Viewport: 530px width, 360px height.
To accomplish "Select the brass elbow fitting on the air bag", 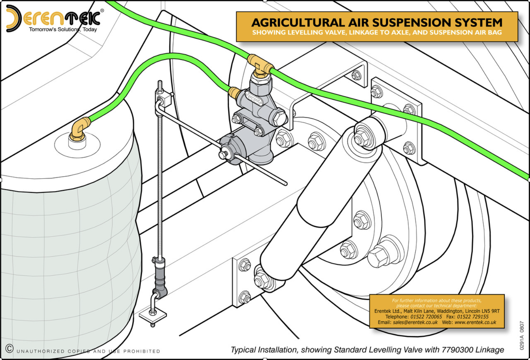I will point(79,128).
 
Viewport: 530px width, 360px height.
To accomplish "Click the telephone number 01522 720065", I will point(426,316).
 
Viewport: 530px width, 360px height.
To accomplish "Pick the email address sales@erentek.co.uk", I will point(415,322).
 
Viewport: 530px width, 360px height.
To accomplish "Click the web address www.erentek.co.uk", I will point(475,322).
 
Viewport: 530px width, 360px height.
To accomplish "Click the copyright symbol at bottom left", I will point(9,348).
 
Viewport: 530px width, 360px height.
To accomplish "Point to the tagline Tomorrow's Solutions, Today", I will point(63,29).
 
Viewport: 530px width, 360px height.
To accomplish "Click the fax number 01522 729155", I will point(472,316).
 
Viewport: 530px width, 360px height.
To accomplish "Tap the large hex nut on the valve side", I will point(279,117).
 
